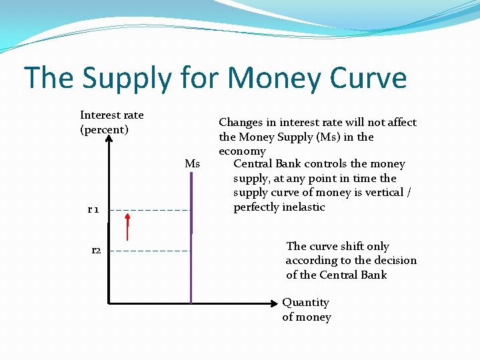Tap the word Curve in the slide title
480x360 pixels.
coord(365,78)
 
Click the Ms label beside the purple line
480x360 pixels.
coord(192,164)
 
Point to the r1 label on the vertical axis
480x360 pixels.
coord(93,210)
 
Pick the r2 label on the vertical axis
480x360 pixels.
coord(96,250)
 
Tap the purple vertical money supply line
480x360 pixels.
coord(191,267)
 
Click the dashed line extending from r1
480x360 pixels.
coord(150,210)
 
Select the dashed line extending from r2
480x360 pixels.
coord(150,251)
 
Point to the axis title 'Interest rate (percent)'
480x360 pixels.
coord(111,122)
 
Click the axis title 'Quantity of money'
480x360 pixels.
coord(306,309)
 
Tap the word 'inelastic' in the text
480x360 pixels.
coord(303,207)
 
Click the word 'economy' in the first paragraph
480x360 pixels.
coord(242,151)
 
